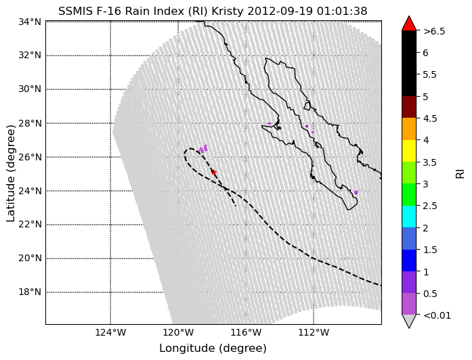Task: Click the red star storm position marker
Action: click(x=213, y=172)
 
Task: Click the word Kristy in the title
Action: click(x=228, y=11)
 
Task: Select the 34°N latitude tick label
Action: click(x=30, y=22)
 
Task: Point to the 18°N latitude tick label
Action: click(x=30, y=292)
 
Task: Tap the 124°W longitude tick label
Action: click(x=110, y=333)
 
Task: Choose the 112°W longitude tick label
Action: click(x=314, y=333)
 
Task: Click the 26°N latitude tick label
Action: click(x=30, y=157)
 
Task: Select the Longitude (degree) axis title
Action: click(x=213, y=348)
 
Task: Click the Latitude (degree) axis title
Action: click(x=11, y=173)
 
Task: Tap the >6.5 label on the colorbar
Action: click(x=434, y=31)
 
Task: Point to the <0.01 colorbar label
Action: click(x=437, y=315)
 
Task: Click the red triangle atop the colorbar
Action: click(x=409, y=23)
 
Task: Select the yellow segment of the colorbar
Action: click(x=409, y=151)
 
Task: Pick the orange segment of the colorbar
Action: click(x=409, y=129)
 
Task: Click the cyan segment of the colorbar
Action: click(x=409, y=217)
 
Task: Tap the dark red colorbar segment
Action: click(x=409, y=107)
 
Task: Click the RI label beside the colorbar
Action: click(x=460, y=173)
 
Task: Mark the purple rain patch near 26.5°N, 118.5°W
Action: click(x=202, y=149)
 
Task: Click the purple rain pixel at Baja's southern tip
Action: click(x=356, y=192)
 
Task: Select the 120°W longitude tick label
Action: click(x=178, y=333)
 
